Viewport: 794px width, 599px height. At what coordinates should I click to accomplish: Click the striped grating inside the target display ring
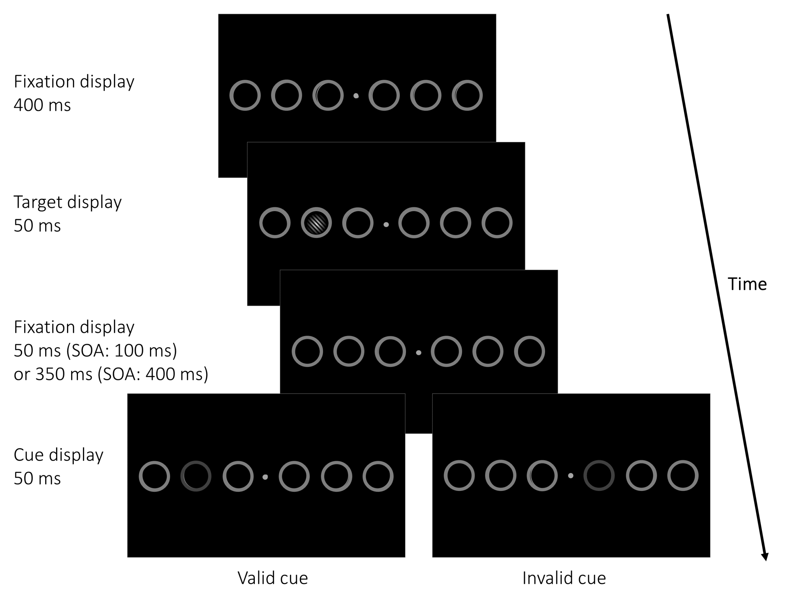click(x=316, y=223)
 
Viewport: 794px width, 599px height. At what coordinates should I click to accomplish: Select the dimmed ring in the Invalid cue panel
click(x=599, y=476)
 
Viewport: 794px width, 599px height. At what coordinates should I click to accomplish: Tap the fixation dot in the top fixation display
click(x=356, y=96)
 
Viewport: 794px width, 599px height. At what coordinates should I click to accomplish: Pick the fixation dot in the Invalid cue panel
click(x=570, y=476)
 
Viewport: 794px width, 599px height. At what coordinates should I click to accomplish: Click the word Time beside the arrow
click(x=747, y=284)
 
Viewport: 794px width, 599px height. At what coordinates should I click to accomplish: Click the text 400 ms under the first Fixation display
click(x=42, y=105)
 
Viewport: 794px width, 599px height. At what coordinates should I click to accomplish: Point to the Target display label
click(x=68, y=202)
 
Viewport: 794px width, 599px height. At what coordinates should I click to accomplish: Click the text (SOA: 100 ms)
click(x=122, y=350)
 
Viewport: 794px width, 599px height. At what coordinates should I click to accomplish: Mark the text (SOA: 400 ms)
click(x=153, y=374)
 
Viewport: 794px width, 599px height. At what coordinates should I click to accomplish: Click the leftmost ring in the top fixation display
click(x=245, y=95)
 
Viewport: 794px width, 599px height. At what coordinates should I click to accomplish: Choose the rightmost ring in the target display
click(x=497, y=223)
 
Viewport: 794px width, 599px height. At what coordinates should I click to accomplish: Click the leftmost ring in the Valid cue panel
click(x=154, y=476)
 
